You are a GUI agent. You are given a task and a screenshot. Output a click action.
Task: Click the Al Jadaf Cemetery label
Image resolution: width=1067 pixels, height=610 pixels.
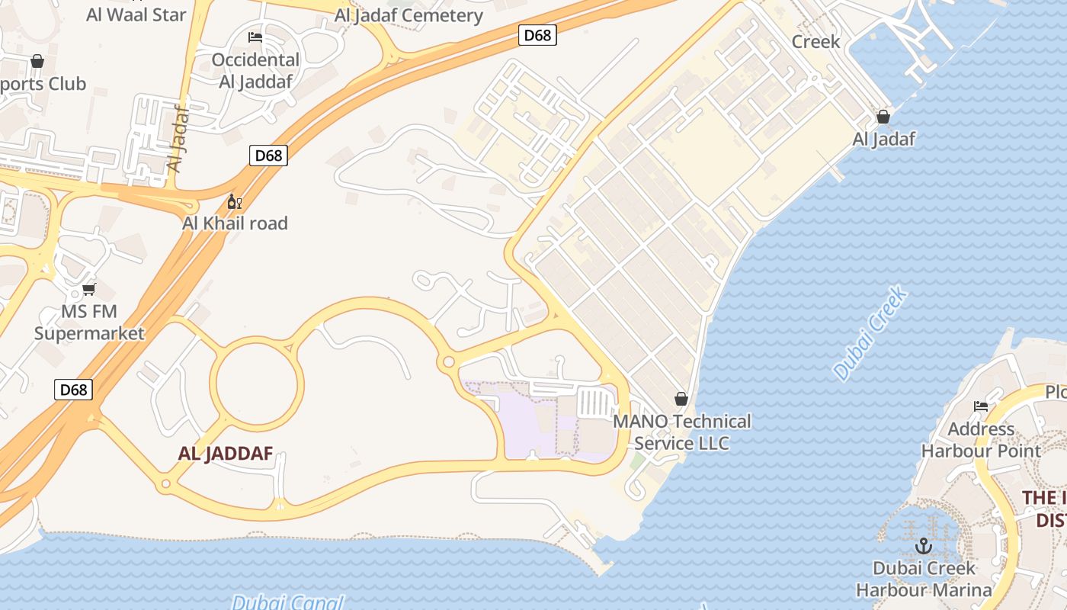(x=409, y=15)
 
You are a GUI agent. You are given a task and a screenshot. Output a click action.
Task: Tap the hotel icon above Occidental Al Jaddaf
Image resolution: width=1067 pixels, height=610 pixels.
(x=255, y=37)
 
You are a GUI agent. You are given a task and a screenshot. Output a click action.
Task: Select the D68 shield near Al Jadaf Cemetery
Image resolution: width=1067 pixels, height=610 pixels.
(x=537, y=35)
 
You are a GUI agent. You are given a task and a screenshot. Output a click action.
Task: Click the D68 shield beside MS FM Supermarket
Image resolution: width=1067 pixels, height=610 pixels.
(x=74, y=390)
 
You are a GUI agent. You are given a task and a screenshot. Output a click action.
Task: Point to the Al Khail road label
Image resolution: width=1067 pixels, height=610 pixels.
(x=235, y=223)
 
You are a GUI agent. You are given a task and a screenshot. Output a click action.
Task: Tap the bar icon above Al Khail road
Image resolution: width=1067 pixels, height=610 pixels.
(x=235, y=202)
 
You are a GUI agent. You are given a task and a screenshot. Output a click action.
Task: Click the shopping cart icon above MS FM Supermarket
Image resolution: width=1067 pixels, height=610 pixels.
(x=89, y=289)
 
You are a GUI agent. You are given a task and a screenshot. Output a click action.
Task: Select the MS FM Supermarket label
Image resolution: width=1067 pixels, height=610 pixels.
(x=89, y=323)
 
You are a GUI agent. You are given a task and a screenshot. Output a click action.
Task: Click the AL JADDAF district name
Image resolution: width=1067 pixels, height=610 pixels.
(x=226, y=454)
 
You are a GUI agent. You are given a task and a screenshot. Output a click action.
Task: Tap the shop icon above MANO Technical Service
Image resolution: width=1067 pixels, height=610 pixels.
(x=681, y=399)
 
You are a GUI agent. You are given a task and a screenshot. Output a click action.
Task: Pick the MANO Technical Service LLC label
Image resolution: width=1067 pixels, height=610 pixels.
(x=682, y=432)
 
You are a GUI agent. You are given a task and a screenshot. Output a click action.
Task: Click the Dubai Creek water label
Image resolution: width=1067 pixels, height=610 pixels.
(x=870, y=334)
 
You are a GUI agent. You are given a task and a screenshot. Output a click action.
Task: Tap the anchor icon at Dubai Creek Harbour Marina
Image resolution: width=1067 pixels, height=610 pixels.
(x=924, y=546)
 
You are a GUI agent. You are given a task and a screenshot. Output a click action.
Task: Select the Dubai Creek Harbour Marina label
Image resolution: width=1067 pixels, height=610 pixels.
(x=924, y=579)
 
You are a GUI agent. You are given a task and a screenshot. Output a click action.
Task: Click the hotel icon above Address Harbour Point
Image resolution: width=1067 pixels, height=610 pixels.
(x=981, y=406)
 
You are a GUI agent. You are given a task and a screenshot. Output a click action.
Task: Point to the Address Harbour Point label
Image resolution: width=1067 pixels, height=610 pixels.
(x=981, y=440)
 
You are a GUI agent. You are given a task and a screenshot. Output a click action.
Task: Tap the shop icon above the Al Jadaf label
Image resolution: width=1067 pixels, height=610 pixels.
(x=883, y=117)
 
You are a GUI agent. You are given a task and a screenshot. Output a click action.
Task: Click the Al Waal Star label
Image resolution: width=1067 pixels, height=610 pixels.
(x=136, y=14)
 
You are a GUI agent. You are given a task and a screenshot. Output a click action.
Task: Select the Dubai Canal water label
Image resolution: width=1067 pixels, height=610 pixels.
(x=288, y=602)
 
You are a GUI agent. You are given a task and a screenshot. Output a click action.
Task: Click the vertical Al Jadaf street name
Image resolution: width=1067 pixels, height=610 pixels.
(x=177, y=137)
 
